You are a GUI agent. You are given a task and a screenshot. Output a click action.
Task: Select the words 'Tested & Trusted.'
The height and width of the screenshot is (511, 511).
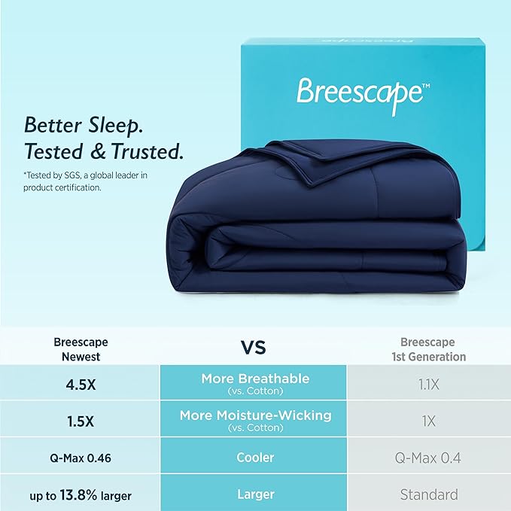(x=104, y=151)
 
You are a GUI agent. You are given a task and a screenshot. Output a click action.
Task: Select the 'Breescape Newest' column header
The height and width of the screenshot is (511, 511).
(x=80, y=349)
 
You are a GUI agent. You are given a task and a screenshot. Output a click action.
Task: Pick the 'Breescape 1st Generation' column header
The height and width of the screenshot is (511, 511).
(x=428, y=349)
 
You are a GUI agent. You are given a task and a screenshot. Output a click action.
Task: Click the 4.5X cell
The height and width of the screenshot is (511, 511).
(x=80, y=384)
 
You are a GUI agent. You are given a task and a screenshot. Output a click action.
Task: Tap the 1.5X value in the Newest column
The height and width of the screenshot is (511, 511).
(x=80, y=421)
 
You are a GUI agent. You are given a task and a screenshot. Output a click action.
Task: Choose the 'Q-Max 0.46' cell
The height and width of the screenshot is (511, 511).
(x=80, y=458)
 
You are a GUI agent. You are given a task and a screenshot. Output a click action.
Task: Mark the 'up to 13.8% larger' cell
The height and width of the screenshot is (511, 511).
(x=80, y=494)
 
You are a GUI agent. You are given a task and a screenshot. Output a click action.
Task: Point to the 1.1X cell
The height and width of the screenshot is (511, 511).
(x=428, y=384)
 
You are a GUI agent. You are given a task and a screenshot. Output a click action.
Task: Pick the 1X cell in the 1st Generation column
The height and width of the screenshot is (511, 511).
(x=428, y=421)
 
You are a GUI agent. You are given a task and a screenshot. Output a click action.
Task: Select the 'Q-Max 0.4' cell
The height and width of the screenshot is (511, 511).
(x=428, y=458)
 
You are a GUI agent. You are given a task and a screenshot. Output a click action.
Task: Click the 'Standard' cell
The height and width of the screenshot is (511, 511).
(x=428, y=494)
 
